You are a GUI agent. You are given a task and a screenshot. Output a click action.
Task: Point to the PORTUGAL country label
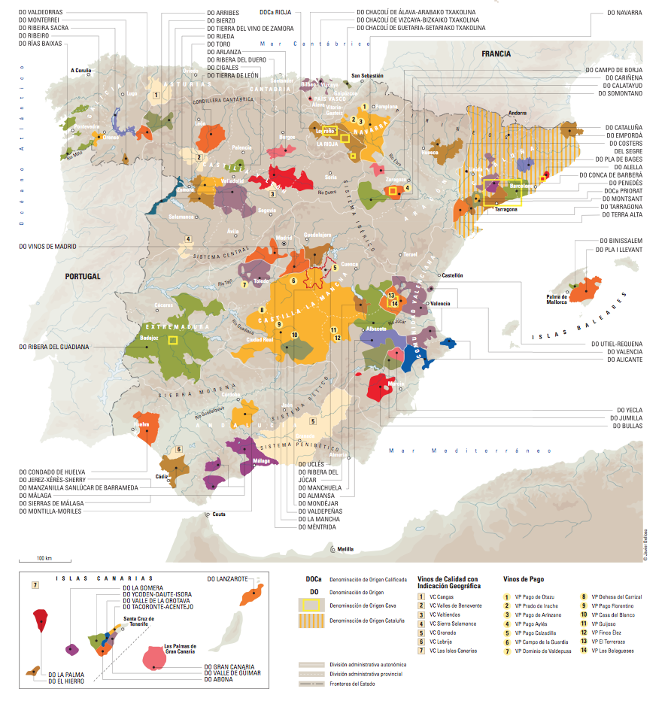click(82, 276)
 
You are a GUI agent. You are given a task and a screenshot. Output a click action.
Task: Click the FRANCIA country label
click(496, 54)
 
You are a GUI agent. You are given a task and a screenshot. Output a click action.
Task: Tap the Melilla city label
click(345, 550)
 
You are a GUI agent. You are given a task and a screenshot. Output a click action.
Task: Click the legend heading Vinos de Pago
click(524, 579)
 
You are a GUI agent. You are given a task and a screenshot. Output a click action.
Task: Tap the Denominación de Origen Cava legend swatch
click(312, 607)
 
